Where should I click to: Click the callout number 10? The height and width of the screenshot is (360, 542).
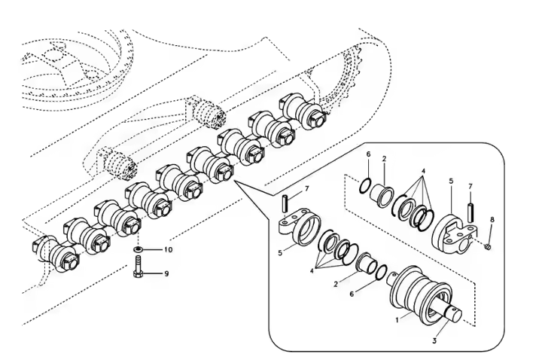click(x=167, y=249)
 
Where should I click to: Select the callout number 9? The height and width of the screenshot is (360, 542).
click(x=166, y=273)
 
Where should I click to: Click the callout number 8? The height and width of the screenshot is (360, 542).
click(x=492, y=220)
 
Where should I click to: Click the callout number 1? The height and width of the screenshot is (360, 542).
click(x=397, y=319)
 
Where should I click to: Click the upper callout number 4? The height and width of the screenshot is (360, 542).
click(x=424, y=171)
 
